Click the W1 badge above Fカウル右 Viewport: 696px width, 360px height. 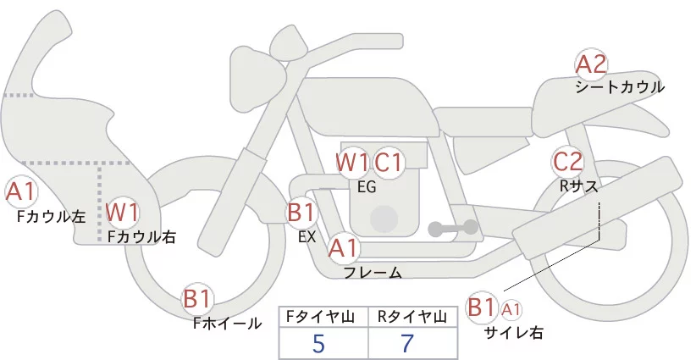123,212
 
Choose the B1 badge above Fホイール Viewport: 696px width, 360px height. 198,299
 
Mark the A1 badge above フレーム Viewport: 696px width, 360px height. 344,248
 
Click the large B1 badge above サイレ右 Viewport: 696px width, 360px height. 482,307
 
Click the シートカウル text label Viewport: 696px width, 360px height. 620,86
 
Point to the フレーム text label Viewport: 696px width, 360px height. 373,272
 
